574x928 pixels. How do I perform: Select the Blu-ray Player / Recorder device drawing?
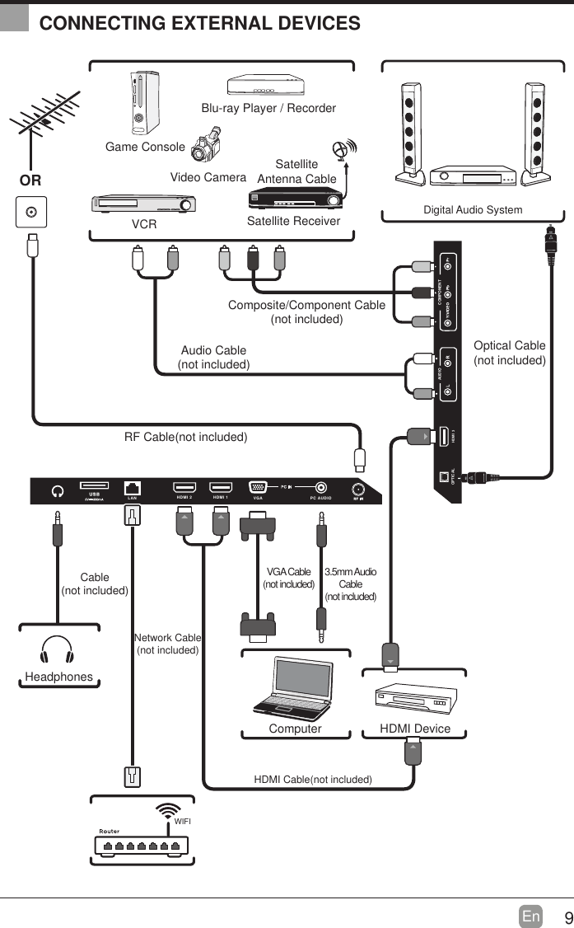[268, 86]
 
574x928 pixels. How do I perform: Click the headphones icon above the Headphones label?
[58, 649]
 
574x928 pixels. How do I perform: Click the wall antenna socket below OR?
[31, 212]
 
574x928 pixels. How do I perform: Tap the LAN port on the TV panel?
[132, 488]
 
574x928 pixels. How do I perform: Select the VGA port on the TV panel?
[258, 488]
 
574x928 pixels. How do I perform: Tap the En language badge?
[531, 916]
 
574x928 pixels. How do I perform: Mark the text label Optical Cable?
[509, 345]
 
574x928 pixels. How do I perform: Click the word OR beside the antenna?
[31, 180]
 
